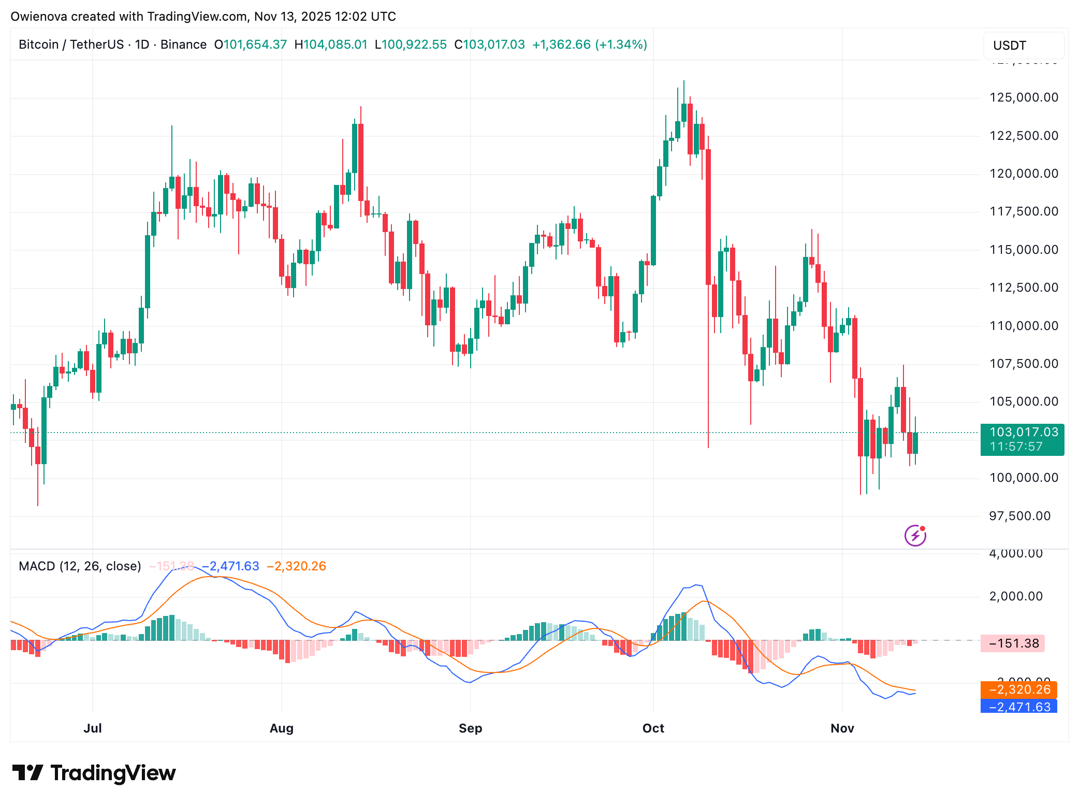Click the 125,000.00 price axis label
[x=1024, y=97]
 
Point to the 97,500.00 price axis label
[x=1019, y=516]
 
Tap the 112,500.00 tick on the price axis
[x=1024, y=288]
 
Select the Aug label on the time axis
[x=281, y=728]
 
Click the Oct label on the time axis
[x=653, y=728]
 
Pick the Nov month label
[x=842, y=728]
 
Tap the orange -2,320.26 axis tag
[x=1018, y=690]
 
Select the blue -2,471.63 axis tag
[x=1018, y=707]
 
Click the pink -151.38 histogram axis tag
[x=1013, y=643]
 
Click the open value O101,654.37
[x=250, y=45]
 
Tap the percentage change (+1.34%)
[x=621, y=45]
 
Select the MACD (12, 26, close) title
[x=80, y=566]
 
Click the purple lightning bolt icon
[x=915, y=535]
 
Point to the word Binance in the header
[x=183, y=45]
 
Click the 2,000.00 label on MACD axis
[x=1015, y=596]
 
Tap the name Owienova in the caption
[x=39, y=17]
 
